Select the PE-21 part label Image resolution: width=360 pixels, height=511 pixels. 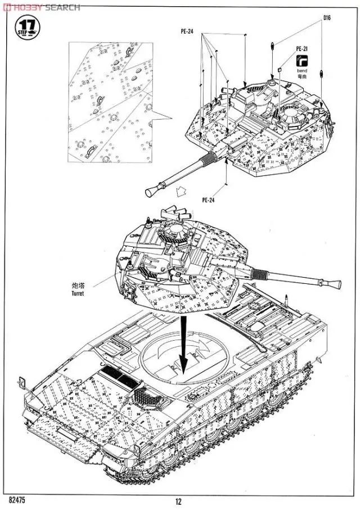point(302,49)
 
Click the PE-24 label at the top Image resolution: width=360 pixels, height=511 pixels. point(187,32)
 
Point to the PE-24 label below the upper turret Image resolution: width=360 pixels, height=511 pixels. point(208,199)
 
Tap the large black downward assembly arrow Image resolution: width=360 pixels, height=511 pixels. point(183,343)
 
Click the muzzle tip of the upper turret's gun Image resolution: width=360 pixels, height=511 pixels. point(150,193)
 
